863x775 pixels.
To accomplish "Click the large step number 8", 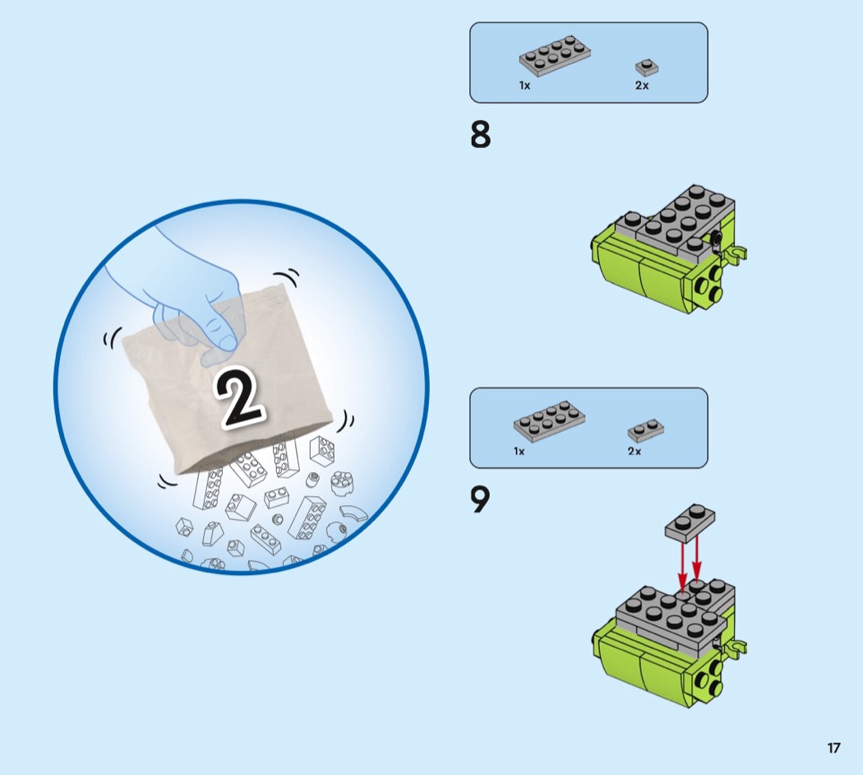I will point(481,135).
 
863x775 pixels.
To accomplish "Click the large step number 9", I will point(480,499).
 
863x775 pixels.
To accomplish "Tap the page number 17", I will point(833,748).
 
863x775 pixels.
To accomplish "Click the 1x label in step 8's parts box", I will point(524,86).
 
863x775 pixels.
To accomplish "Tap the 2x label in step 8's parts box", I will point(642,86).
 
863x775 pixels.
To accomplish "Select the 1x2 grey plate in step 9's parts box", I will point(646,430).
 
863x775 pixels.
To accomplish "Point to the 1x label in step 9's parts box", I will point(519,451).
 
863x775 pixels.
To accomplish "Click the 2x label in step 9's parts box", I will point(634,451).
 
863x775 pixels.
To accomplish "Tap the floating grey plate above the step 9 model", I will point(691,522).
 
